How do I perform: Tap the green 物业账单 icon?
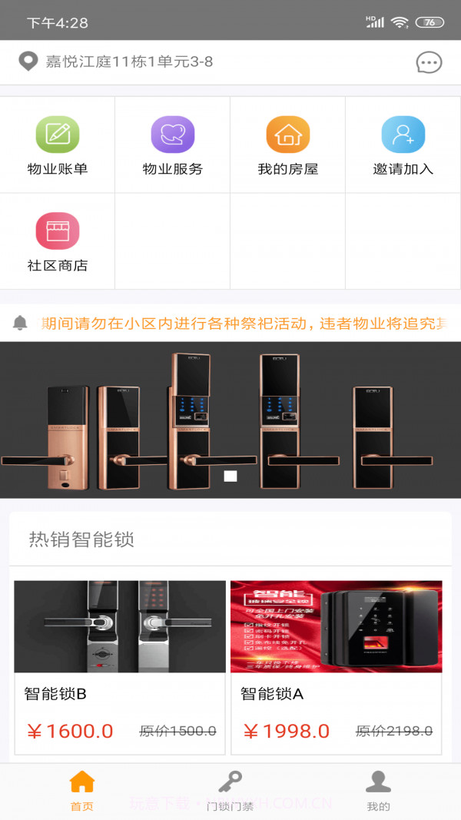tap(58, 134)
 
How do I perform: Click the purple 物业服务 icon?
tap(173, 134)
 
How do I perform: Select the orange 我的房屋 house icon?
tap(288, 134)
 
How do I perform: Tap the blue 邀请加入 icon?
tap(403, 134)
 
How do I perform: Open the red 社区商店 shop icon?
tap(58, 231)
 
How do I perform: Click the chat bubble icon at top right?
tap(429, 62)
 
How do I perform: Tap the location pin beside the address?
tap(28, 61)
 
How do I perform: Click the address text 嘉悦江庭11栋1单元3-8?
tap(129, 61)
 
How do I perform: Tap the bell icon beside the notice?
tap(21, 323)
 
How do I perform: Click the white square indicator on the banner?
tap(230, 476)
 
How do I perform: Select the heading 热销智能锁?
tap(81, 539)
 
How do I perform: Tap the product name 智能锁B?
tap(55, 694)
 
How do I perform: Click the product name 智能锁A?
tap(272, 694)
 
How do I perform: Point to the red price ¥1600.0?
tap(70, 731)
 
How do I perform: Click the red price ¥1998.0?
tap(287, 731)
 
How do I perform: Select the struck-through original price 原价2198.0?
tap(394, 731)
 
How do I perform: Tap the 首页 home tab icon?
tap(82, 782)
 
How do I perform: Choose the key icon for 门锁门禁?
tap(230, 782)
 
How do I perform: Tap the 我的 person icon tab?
tap(378, 782)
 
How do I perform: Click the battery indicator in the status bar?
tap(429, 22)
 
